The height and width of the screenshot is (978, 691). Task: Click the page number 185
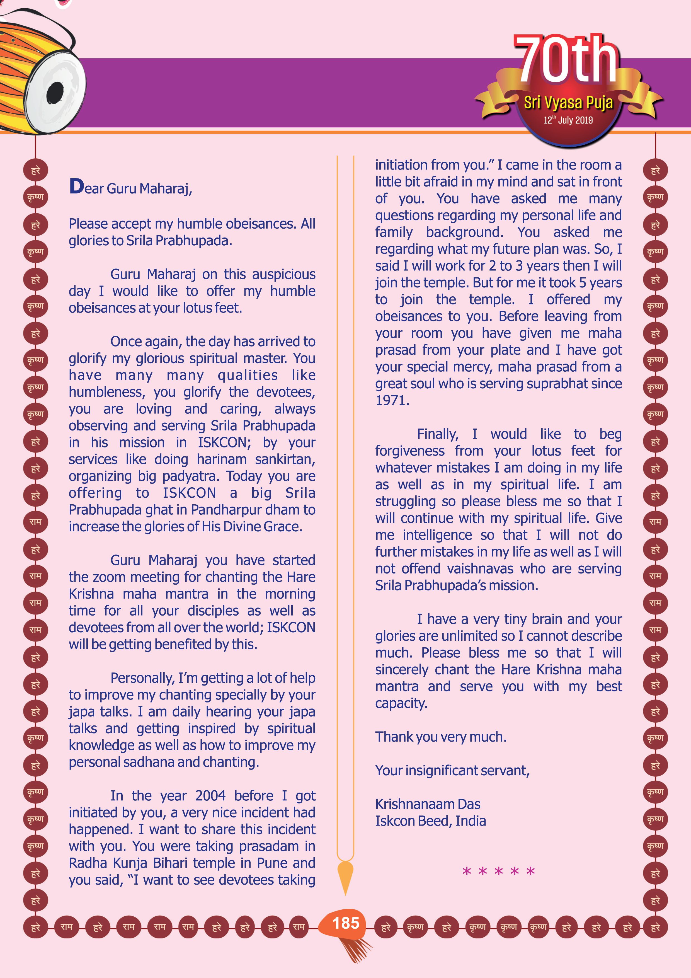(346, 923)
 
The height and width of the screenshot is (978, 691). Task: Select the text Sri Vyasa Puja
(568, 103)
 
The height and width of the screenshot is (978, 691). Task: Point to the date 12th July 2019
(568, 120)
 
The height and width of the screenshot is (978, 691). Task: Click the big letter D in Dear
(77, 186)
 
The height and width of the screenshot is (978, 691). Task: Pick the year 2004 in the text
(210, 795)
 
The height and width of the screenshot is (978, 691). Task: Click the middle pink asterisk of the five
(499, 872)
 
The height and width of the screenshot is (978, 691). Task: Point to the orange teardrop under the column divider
(345, 874)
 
